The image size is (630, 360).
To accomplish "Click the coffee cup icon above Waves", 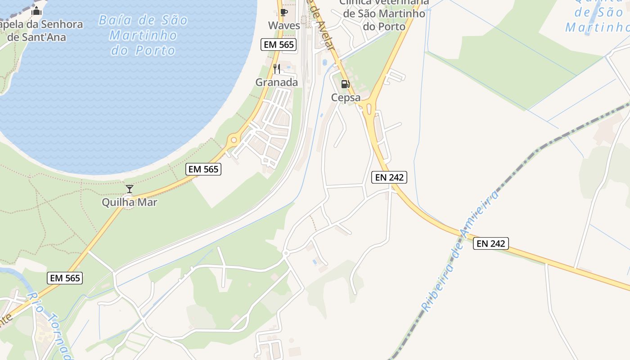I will (283, 12).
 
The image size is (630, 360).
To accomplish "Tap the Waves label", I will (284, 25).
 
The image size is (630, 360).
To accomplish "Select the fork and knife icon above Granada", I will (277, 69).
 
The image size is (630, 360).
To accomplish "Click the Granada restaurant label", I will (277, 82).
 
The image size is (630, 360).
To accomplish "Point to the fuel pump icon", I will (345, 84).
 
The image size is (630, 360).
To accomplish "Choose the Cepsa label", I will (346, 98).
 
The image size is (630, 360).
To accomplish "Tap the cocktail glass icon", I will (130, 189).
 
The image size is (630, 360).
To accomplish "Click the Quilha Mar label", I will (130, 202).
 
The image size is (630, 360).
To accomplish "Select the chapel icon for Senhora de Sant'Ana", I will (36, 11).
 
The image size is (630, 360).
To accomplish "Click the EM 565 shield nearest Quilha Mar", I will (203, 169).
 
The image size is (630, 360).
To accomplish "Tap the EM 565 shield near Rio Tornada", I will (65, 278).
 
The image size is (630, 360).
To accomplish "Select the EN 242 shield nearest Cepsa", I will (390, 177).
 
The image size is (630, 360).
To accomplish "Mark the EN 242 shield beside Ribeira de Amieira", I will (491, 243).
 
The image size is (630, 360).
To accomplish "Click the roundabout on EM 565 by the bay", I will (233, 140).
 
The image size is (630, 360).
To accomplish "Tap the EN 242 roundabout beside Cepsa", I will (369, 108).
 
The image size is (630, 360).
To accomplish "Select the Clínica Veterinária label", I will (384, 13).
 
